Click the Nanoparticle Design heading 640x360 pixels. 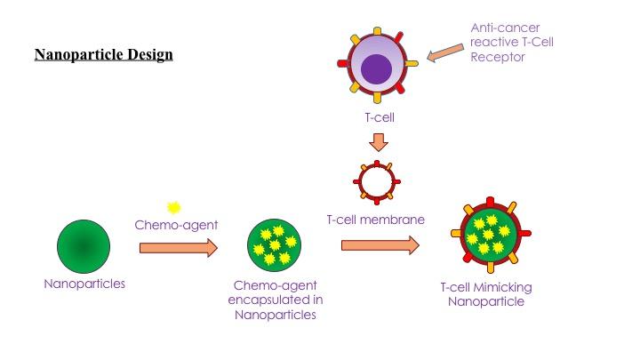click(x=103, y=55)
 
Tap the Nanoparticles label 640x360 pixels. click(x=84, y=284)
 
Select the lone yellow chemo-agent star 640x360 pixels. click(x=174, y=207)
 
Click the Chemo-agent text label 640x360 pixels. click(x=176, y=225)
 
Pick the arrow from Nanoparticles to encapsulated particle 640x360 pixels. click(x=178, y=247)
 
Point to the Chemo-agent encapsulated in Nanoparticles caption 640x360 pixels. click(x=275, y=300)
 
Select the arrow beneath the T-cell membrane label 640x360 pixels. click(x=380, y=245)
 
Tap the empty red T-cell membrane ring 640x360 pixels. click(x=378, y=181)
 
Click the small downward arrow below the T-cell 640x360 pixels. click(x=378, y=141)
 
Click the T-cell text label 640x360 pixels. click(x=378, y=116)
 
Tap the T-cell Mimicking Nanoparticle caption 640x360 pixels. click(x=486, y=294)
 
